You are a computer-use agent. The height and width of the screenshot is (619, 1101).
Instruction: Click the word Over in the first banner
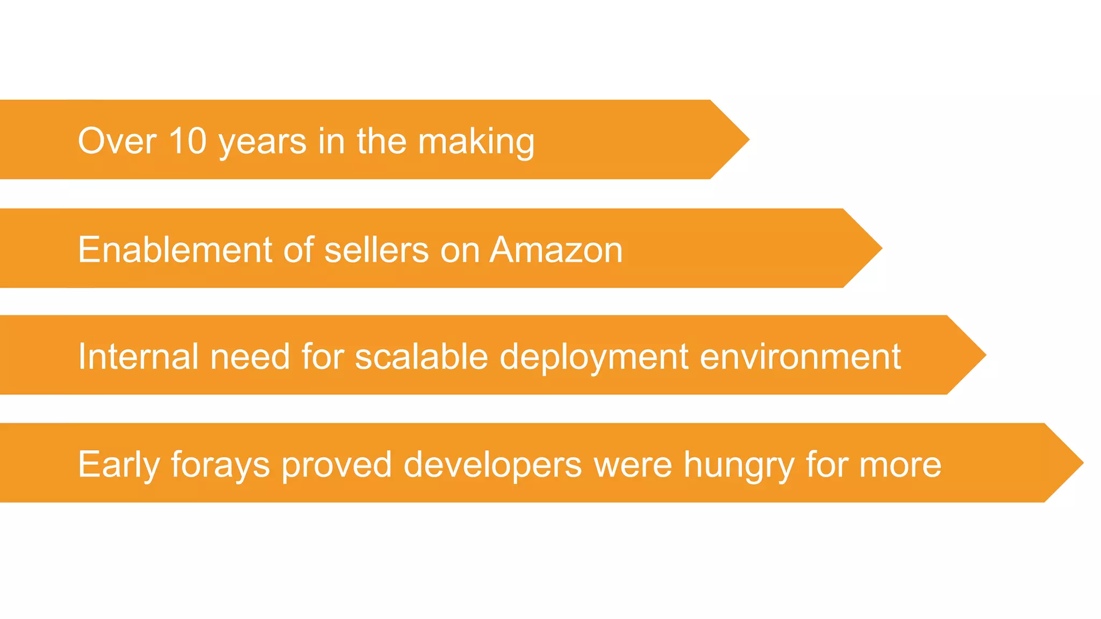click(117, 141)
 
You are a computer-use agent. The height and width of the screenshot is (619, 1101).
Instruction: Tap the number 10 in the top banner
click(188, 141)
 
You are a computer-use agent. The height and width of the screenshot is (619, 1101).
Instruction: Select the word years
click(263, 142)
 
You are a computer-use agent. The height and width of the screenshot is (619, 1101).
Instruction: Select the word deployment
click(594, 358)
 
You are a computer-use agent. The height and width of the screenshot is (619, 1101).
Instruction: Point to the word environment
click(800, 356)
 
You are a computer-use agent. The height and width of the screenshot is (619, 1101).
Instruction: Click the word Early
click(118, 465)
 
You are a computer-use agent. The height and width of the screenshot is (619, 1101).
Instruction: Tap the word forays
click(220, 465)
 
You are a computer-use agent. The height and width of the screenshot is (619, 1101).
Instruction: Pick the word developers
click(492, 465)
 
